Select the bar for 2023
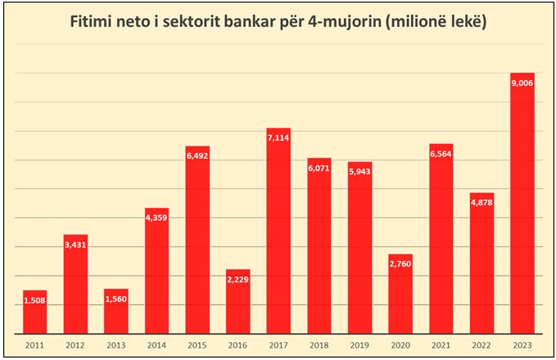coord(522,205)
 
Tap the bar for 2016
coord(237,303)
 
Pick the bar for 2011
coord(35,313)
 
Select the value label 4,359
coord(156,218)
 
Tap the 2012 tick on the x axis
coord(75,345)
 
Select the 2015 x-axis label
coord(197,345)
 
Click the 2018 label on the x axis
coord(319,345)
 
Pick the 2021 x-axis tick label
coord(441,345)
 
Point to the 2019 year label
coord(359,345)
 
